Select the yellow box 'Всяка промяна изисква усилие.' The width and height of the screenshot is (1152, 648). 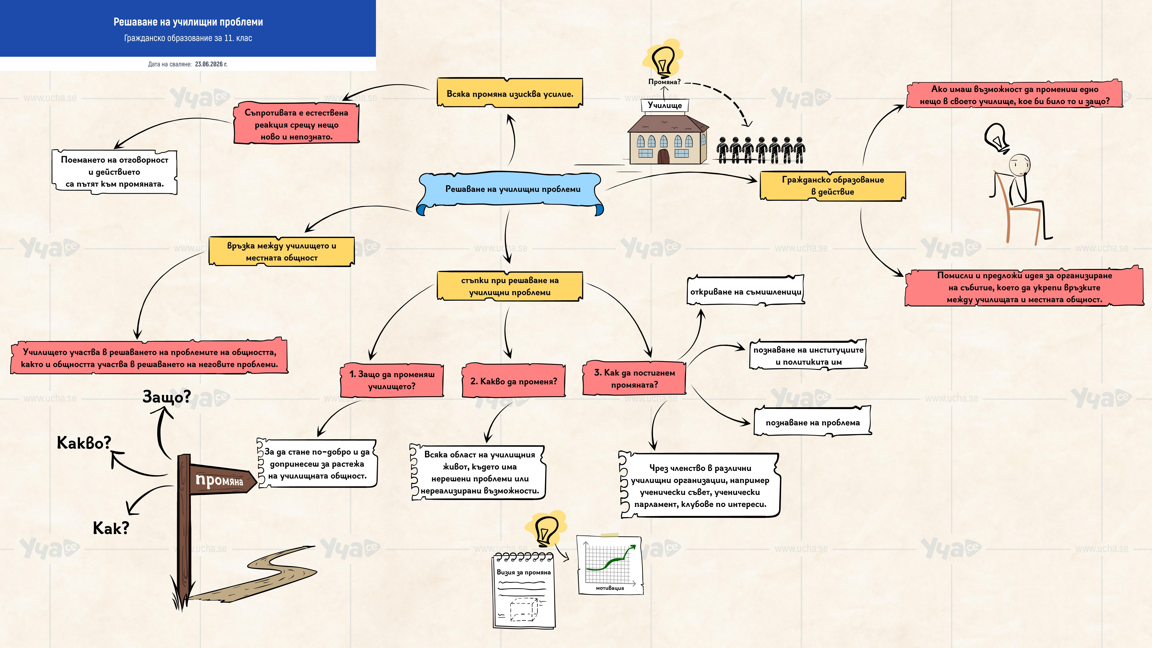pos(510,93)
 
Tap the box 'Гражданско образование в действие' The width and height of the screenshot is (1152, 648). pos(833,186)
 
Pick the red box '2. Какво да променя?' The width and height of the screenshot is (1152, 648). pos(513,381)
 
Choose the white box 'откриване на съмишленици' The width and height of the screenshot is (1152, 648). pos(746,291)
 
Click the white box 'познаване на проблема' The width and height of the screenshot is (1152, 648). pos(813,422)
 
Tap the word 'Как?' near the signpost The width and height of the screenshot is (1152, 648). pos(111,528)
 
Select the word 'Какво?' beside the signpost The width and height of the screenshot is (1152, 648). pos(84,443)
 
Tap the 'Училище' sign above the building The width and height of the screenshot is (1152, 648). pos(665,105)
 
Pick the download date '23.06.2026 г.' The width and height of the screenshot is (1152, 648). pos(211,64)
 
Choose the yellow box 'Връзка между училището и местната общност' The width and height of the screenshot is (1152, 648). pos(282,251)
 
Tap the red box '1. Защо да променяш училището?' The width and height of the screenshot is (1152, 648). pos(392,380)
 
